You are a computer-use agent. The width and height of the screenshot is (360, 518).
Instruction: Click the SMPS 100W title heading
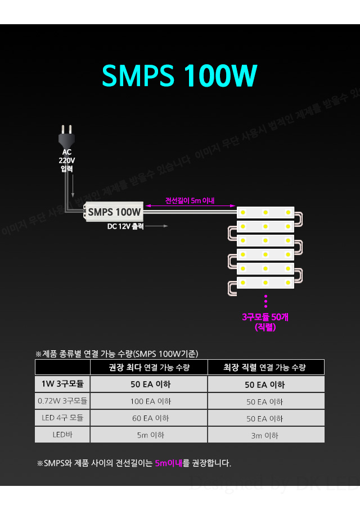tap(180, 75)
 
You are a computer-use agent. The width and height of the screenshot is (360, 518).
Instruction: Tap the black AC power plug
tap(66, 136)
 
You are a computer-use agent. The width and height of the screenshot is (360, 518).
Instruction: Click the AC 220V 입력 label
tap(67, 160)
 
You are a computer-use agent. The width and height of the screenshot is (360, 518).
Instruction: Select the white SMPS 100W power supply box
tap(114, 212)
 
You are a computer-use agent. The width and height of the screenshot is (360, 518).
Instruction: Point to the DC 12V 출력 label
tap(126, 226)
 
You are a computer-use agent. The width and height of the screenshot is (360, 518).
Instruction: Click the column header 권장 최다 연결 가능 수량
tap(148, 368)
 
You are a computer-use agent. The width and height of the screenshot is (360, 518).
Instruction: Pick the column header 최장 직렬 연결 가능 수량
tap(265, 368)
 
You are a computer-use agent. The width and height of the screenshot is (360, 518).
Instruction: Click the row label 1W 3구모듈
tap(62, 385)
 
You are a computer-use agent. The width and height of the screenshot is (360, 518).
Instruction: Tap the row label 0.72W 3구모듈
tap(62, 401)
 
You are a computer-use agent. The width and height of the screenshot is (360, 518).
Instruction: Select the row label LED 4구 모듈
tap(62, 418)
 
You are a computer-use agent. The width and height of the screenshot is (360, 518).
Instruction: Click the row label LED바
tap(62, 435)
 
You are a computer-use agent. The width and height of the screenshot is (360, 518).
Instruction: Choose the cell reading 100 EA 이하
tap(148, 401)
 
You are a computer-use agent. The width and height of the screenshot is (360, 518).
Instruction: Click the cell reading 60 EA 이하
tap(148, 418)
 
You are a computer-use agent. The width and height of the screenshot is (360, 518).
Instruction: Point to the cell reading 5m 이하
tap(148, 435)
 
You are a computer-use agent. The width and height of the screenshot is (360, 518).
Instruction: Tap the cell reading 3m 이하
tap(265, 435)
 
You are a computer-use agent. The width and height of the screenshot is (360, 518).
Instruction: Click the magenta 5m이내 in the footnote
tap(169, 463)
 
